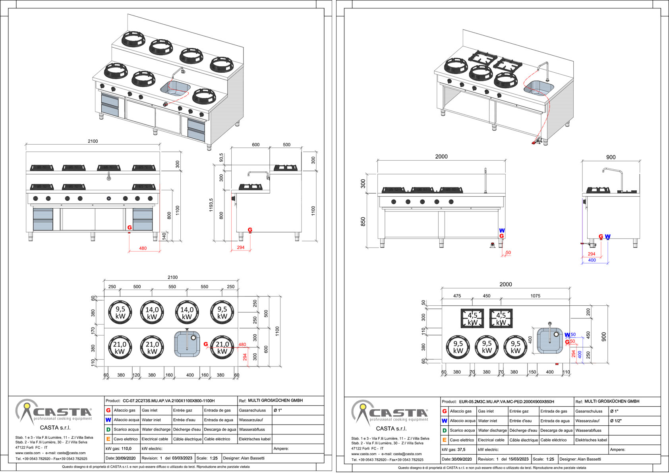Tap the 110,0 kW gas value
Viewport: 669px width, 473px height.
[126, 448]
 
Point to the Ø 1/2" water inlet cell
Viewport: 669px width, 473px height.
[617, 421]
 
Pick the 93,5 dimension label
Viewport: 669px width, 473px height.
[221, 157]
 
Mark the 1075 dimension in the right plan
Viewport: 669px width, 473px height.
[535, 296]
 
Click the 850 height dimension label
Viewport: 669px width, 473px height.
[363, 222]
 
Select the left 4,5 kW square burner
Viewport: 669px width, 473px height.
[472, 318]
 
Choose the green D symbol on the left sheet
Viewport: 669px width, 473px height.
[108, 429]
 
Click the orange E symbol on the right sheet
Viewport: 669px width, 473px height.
[444, 440]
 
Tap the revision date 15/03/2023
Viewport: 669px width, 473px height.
[516, 459]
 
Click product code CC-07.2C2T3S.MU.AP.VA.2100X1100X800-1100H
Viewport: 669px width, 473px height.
[168, 401]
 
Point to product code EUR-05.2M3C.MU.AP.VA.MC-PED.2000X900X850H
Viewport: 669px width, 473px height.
[506, 401]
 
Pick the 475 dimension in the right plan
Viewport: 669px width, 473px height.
[457, 296]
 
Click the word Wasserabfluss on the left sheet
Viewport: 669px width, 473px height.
[252, 429]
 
